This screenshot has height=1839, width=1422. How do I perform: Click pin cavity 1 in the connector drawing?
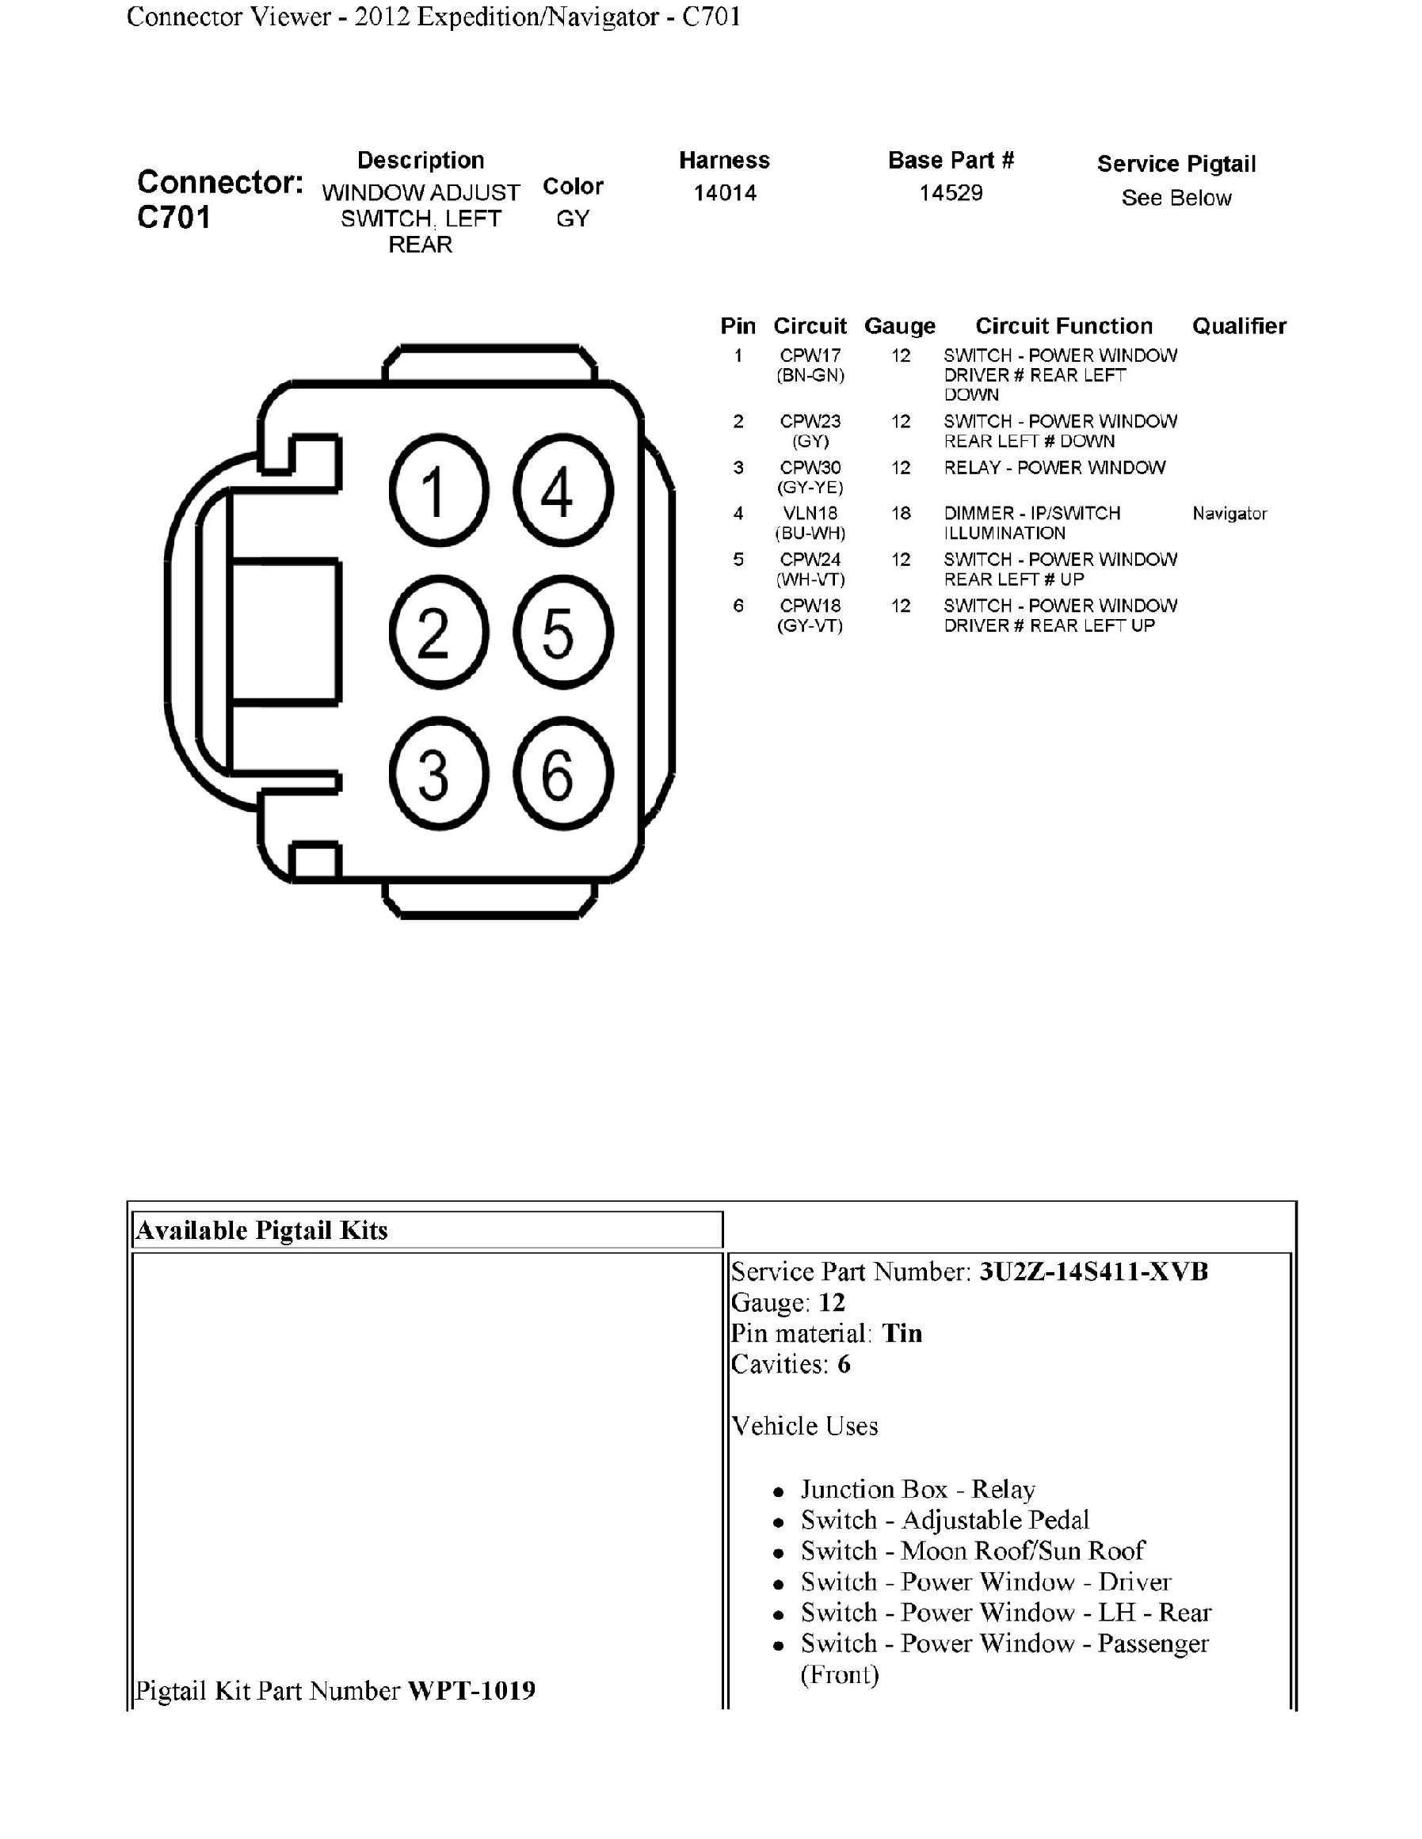pos(438,491)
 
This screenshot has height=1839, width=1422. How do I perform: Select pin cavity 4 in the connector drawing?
pos(562,491)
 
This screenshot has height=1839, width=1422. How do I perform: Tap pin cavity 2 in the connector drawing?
pos(438,633)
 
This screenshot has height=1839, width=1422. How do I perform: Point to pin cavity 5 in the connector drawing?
pos(562,633)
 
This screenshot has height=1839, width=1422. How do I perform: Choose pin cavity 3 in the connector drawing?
pos(438,773)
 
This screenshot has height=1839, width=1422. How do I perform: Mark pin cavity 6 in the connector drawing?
pos(562,773)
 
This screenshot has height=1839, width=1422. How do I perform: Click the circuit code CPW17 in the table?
pos(810,355)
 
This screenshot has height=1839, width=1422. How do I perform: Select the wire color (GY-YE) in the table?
pos(810,488)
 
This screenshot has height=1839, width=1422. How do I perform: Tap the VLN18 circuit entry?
pos(810,513)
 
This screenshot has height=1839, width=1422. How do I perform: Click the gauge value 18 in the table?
pos(901,513)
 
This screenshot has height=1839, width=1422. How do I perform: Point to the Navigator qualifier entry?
pos(1229,514)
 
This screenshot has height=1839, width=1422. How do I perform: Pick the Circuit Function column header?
pos(1063,326)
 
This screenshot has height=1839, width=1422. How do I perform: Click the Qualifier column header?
pos(1238,326)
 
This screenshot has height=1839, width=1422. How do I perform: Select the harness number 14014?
pos(725,193)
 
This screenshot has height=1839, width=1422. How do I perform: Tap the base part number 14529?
pos(951,193)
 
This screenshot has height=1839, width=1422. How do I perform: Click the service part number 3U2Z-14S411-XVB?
pos(1092,1271)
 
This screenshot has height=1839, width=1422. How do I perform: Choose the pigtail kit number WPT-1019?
pos(471,1691)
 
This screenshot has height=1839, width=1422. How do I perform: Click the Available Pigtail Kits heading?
pos(262,1230)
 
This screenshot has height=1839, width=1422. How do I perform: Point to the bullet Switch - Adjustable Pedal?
pos(944,1520)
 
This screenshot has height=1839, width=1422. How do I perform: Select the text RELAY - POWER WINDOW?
pos(1054,467)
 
